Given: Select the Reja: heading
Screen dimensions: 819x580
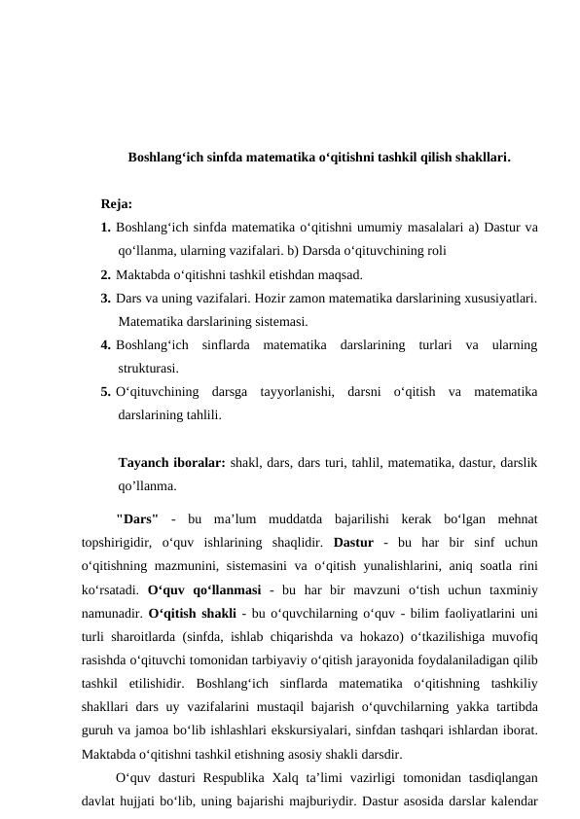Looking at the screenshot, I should point(117,205).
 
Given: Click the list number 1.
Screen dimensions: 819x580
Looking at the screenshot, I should point(104,229).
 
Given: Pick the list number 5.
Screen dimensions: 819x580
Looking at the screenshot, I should point(105,392).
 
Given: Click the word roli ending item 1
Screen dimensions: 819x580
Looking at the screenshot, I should point(433,251).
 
